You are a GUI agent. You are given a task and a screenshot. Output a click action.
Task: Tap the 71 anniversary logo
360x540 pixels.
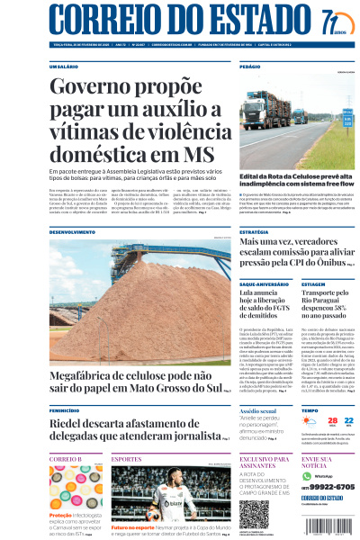pos(332,19)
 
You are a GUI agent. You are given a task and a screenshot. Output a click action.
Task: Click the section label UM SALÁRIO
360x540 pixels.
pos(64,67)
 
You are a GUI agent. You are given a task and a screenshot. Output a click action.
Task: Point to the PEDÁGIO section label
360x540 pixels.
pos(250,67)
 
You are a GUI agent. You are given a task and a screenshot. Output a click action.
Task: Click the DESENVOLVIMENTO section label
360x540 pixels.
pos(72,231)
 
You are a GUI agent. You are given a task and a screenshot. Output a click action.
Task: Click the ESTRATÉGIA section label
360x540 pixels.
pos(255,231)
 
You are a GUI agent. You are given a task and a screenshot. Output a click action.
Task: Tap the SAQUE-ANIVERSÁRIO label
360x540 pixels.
pos(265,283)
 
